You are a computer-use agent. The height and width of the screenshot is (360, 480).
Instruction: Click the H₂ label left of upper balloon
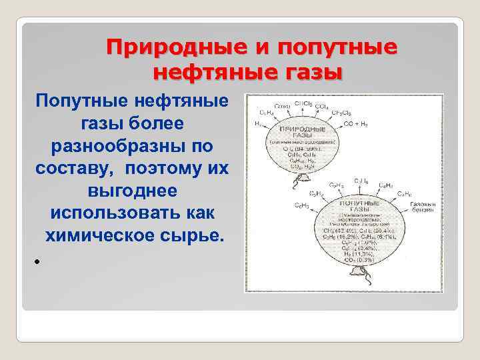257,124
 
